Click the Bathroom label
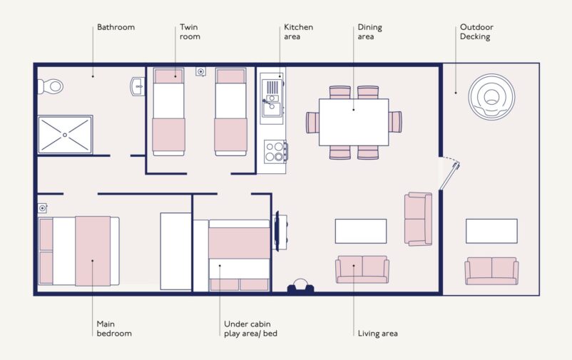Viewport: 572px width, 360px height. coord(116,27)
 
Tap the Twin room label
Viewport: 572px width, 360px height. coord(190,32)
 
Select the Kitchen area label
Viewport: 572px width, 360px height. coord(298,32)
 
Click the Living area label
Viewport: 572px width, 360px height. coord(377,334)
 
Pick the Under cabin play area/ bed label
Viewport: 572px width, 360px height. coord(250,329)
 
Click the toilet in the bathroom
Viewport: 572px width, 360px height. coord(51,86)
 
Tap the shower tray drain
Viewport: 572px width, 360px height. coord(65,135)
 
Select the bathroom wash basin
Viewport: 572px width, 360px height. coord(138,87)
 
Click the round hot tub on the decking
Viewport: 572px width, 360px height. coord(491,97)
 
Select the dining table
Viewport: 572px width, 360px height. coord(354,122)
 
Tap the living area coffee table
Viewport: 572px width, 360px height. coord(361,231)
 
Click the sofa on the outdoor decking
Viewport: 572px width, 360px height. coord(491,271)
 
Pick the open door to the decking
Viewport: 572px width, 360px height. coord(449,176)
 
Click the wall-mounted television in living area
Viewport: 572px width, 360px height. coord(277,231)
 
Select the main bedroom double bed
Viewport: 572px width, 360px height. coord(78,251)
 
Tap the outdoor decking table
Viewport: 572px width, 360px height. coord(491,231)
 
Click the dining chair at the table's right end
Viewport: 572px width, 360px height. coord(395,122)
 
